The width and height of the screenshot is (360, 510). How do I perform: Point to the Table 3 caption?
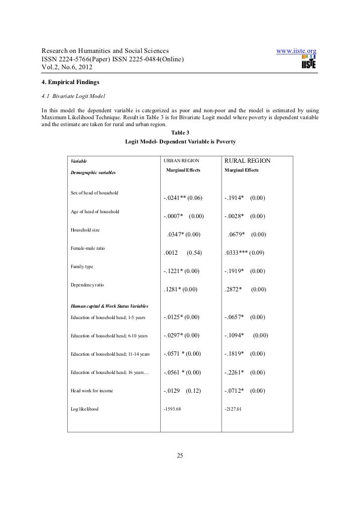point(180,132)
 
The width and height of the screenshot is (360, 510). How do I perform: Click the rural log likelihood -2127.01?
point(233,409)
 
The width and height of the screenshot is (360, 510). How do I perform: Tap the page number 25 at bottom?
point(180,456)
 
